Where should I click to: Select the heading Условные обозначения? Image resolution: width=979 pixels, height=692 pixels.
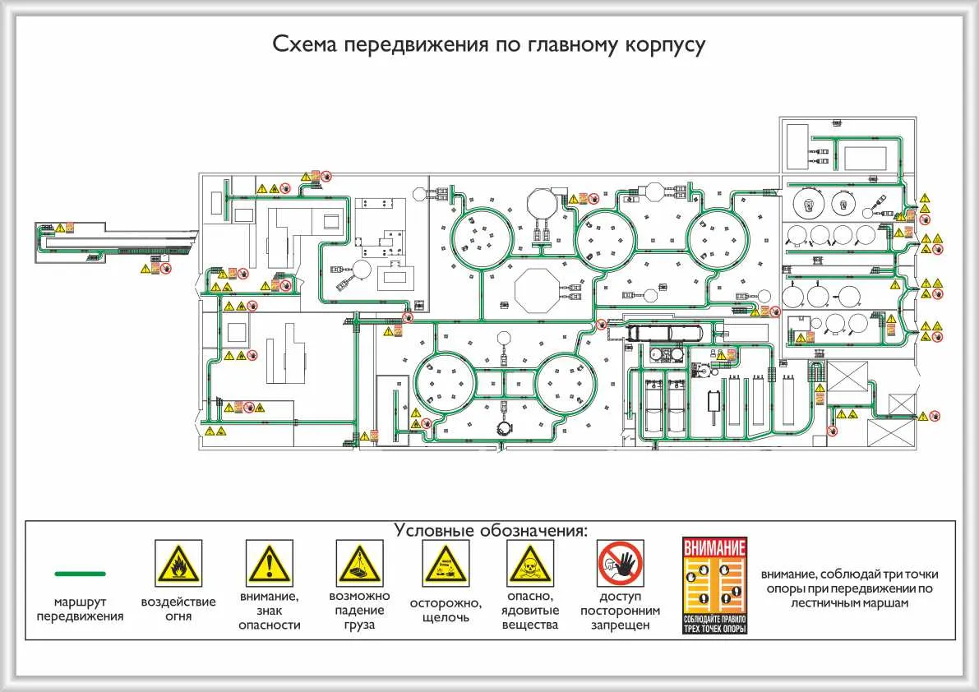click(491, 530)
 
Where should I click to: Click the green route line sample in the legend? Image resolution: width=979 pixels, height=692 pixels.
click(80, 573)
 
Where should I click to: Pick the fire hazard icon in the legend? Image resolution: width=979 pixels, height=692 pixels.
click(178, 563)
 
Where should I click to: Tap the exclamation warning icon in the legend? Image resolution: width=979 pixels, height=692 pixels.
click(269, 563)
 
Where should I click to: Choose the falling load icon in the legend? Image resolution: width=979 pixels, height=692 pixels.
click(359, 563)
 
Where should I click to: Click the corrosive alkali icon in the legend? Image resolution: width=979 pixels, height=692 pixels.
click(446, 563)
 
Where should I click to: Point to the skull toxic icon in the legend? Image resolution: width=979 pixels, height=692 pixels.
click(530, 563)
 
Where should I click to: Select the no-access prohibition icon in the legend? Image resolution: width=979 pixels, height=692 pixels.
click(620, 563)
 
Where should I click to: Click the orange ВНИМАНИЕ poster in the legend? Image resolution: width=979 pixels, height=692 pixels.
click(715, 585)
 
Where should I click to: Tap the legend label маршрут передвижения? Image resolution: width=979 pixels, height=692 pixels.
click(80, 609)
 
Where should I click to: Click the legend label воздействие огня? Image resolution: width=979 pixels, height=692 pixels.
click(178, 609)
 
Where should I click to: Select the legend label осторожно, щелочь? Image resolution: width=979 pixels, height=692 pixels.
click(446, 610)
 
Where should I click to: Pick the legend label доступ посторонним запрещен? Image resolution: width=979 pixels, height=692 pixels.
click(620, 611)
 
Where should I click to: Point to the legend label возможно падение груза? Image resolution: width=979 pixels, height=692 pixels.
click(359, 610)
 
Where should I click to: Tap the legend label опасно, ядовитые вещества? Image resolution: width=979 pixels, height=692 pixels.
click(530, 610)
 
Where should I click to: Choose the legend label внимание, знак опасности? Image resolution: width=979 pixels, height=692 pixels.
click(269, 610)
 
